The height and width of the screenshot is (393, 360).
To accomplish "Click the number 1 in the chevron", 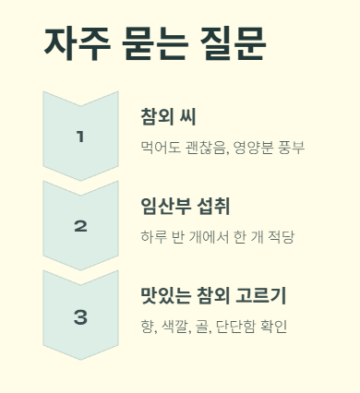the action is (x=80, y=137).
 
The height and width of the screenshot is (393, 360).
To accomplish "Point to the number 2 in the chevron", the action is (x=80, y=226).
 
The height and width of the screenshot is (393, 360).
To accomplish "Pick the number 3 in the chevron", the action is (x=80, y=316).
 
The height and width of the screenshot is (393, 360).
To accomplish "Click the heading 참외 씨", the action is (x=168, y=117).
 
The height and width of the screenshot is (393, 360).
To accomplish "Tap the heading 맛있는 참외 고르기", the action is (x=213, y=296).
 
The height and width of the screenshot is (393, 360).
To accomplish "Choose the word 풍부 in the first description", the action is (x=296, y=148).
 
